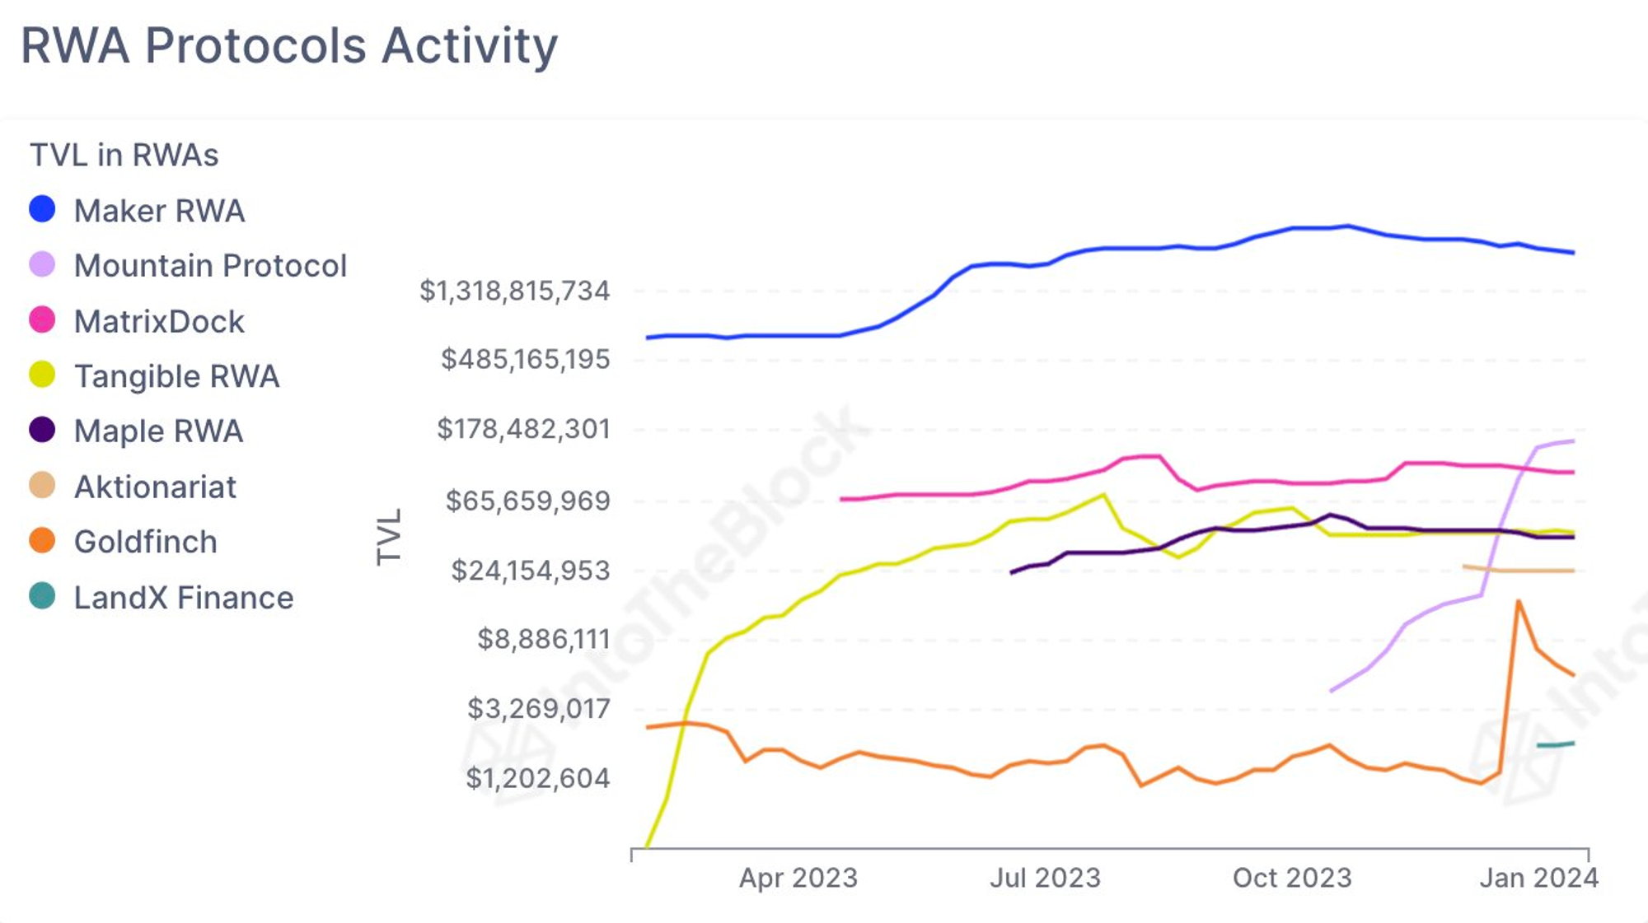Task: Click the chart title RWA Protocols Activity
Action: coord(289,45)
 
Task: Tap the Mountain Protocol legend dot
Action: coord(42,265)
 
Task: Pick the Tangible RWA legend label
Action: coord(177,376)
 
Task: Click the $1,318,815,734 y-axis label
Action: coord(515,291)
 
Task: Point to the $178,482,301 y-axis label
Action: coord(524,429)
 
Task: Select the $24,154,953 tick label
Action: coord(531,571)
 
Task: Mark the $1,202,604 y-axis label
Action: coord(538,778)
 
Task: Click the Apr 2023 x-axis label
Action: coord(798,879)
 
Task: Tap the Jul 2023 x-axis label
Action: coord(1045,879)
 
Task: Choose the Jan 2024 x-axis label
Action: coord(1538,879)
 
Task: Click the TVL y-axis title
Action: coord(389,537)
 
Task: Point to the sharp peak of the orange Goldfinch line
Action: coord(1518,601)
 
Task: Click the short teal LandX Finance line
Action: coord(1556,744)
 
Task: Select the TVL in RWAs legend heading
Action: coord(124,155)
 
